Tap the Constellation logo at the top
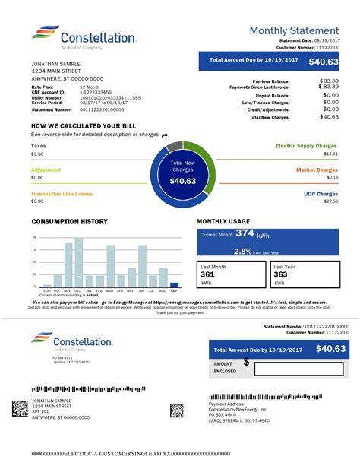pos(84,37)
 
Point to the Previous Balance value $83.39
pos(329,80)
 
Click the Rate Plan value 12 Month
pos(90,87)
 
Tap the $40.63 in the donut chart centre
pos(182,181)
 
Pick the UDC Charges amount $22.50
pos(331,201)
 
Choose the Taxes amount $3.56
pos(37,154)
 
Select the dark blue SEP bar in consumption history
pos(174,285)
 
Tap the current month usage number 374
pos(245,233)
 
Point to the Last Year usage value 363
pos(279,275)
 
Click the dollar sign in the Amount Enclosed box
pos(246,363)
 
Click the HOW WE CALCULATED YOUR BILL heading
pos(84,125)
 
